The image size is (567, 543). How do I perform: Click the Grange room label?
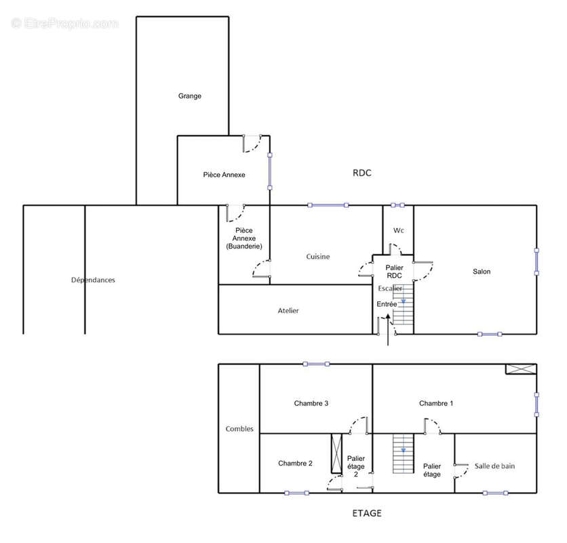(x=189, y=96)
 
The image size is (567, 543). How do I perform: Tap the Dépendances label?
(x=93, y=280)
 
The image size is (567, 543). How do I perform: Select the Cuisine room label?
(x=318, y=257)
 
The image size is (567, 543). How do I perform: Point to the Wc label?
(x=399, y=230)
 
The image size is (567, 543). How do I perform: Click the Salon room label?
(x=482, y=271)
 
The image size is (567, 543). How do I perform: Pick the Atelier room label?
(x=288, y=311)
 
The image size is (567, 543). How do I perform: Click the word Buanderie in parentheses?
(x=244, y=246)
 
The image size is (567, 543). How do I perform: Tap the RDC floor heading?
(x=362, y=173)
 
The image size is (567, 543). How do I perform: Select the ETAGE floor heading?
(x=367, y=513)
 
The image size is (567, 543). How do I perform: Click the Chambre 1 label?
(x=435, y=403)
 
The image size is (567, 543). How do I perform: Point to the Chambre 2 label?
(x=295, y=464)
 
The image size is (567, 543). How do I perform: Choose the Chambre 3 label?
(x=311, y=403)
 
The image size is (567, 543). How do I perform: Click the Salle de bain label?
(x=494, y=466)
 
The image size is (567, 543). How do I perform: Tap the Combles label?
(x=239, y=429)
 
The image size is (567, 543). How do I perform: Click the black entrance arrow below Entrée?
(x=388, y=330)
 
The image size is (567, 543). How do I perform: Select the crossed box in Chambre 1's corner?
(x=521, y=369)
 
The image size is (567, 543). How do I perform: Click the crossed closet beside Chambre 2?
(x=336, y=453)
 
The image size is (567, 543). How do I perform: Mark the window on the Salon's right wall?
(x=536, y=262)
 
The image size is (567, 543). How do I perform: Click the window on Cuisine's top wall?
(x=328, y=205)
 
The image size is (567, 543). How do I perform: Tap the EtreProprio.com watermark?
(x=65, y=24)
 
